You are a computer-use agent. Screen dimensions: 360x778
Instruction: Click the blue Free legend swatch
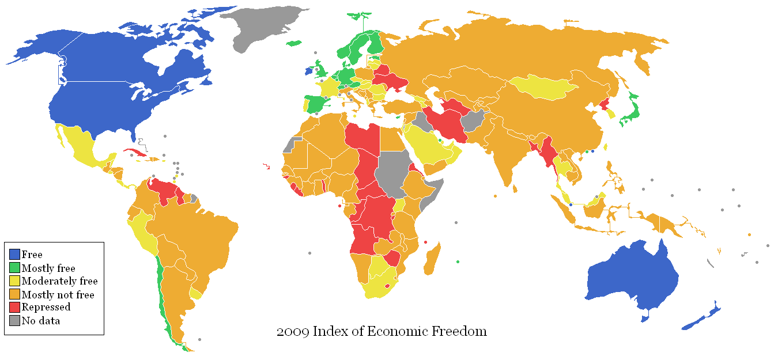point(15,255)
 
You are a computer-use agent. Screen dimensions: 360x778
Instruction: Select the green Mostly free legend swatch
point(15,268)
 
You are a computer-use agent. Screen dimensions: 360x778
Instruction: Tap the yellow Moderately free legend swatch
point(15,281)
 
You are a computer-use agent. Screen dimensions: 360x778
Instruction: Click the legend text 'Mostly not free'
point(58,295)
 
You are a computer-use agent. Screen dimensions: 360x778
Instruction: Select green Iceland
point(294,43)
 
